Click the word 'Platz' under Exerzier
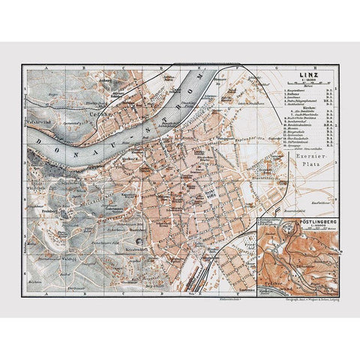click(x=309, y=162)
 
